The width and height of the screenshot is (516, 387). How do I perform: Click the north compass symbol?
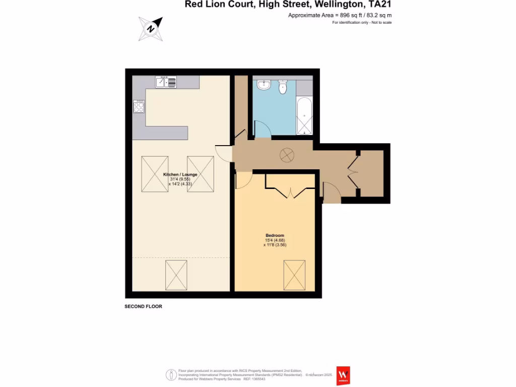(151, 28)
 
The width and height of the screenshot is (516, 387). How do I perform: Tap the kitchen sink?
(166, 82)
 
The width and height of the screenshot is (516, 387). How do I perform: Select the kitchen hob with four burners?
(139, 106)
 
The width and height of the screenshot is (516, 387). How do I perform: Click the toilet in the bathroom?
(282, 87)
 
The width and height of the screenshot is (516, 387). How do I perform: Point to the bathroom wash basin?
(263, 85)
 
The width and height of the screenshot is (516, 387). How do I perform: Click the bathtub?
(304, 116)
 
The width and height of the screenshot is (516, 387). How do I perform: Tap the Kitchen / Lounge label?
(180, 174)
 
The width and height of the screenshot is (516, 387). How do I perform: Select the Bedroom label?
(275, 235)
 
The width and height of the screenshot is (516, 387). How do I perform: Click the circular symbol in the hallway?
(287, 155)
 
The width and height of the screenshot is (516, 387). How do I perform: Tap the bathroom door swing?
(262, 129)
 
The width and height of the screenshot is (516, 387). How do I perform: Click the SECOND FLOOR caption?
(144, 306)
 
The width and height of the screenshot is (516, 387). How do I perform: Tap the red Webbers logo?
(344, 375)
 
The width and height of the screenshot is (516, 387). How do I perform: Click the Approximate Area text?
(340, 15)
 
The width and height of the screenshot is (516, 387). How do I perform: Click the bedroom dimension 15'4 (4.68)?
(275, 240)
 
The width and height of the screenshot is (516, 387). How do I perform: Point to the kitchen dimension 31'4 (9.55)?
(180, 179)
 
